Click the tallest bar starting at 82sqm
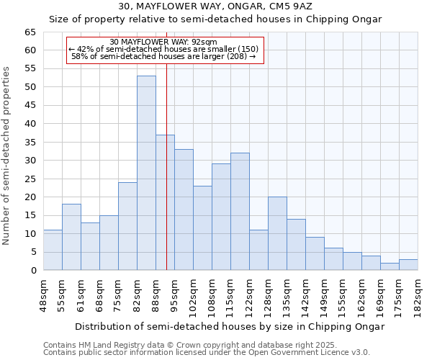point(146,173)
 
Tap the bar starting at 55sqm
point(71,237)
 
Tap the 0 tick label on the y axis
point(32,271)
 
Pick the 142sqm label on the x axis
point(305,296)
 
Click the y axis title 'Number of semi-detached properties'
point(6,156)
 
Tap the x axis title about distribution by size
point(230,326)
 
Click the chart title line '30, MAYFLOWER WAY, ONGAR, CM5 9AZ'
point(215,6)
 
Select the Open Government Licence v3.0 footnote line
point(207,352)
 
